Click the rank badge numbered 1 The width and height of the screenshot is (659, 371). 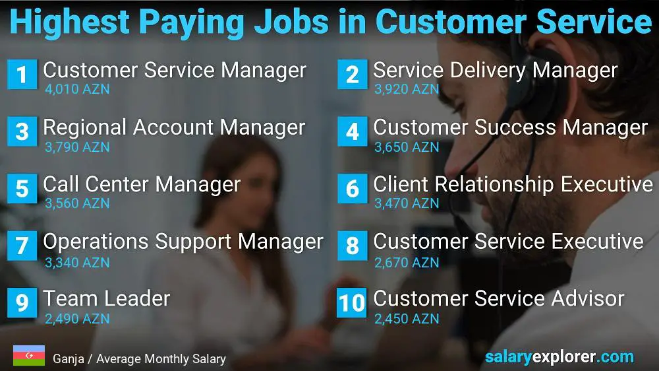pyautogui.click(x=22, y=74)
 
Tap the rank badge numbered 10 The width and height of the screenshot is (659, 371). pyautogui.click(x=352, y=302)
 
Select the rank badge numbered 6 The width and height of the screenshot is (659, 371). pyautogui.click(x=352, y=189)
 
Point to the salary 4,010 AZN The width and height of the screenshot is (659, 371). pyautogui.click(x=77, y=89)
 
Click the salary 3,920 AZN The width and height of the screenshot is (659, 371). pyautogui.click(x=407, y=89)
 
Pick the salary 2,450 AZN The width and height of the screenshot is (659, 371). pyautogui.click(x=407, y=319)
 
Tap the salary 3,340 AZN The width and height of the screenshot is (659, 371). pyautogui.click(x=77, y=262)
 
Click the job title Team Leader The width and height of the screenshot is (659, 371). pyautogui.click(x=106, y=298)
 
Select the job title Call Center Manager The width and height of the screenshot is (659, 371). pyautogui.click(x=142, y=184)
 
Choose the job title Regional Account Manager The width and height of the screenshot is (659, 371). pyautogui.click(x=174, y=127)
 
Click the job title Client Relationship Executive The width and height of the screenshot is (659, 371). pyautogui.click(x=513, y=184)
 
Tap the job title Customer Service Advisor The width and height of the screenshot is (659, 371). pyautogui.click(x=498, y=298)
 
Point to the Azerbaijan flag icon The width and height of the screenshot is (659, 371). pyautogui.click(x=28, y=356)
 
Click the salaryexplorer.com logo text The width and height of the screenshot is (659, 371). pyautogui.click(x=559, y=357)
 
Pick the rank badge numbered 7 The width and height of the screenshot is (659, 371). pyautogui.click(x=22, y=246)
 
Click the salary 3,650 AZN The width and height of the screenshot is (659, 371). pyautogui.click(x=407, y=147)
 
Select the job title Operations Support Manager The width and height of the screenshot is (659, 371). pyautogui.click(x=183, y=242)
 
